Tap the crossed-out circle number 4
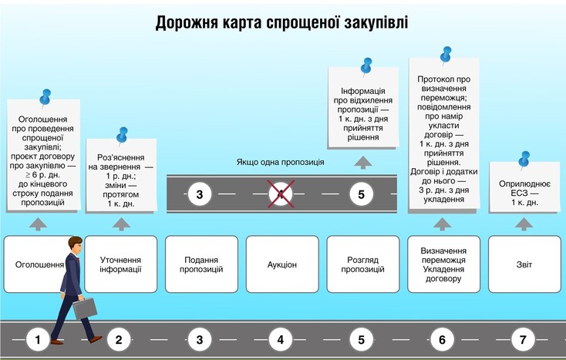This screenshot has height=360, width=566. point(281,194)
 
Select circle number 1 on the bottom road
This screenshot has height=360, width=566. point(38,339)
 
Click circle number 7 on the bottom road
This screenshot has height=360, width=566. point(524,339)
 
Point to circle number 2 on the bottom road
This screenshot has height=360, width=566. point(119,339)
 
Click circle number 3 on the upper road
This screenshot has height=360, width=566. point(200,194)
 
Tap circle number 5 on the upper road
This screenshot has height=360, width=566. point(362,194)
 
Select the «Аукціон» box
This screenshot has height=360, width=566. point(281,264)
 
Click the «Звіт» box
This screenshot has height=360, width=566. point(524,264)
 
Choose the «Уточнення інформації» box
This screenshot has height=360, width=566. point(120,264)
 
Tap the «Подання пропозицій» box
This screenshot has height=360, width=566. point(201,264)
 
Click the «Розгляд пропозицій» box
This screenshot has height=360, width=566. point(362,264)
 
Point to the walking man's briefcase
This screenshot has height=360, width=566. point(85,306)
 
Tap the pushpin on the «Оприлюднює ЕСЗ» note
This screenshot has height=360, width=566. point(525,158)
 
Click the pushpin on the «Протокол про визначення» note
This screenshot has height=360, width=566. point(446,55)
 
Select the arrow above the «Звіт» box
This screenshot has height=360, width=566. point(524,224)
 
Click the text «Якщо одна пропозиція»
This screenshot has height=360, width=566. point(280,163)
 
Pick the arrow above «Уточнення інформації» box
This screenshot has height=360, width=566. point(120,224)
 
